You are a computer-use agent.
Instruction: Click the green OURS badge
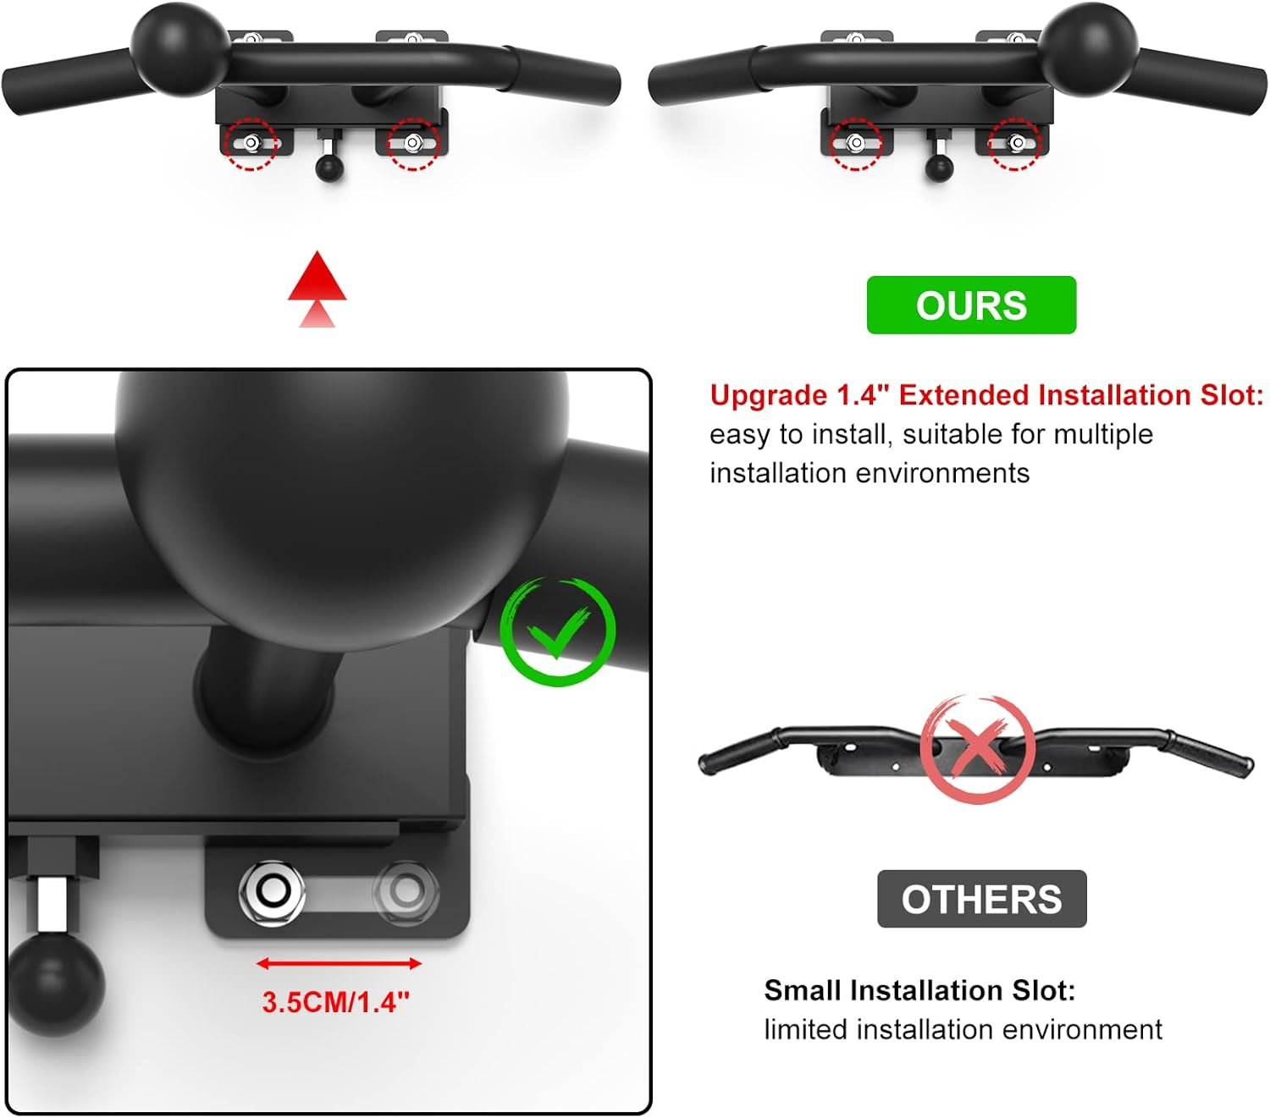point(971,305)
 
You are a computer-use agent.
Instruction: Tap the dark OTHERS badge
point(981,899)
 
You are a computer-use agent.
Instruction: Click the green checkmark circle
point(557,631)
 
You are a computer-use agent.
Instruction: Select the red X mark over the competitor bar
point(978,748)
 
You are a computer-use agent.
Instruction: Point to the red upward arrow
point(317,288)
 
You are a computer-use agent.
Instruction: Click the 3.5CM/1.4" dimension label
point(335,1002)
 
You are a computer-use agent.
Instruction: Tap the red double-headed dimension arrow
point(338,963)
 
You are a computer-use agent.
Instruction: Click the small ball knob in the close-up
point(55,982)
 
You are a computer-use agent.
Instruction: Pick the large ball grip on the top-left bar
point(180,48)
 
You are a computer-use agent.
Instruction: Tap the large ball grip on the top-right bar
point(1089,48)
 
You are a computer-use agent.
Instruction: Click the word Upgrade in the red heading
point(768,395)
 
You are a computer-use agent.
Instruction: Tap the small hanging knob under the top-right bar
point(939,167)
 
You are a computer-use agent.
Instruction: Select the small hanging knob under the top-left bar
point(329,167)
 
